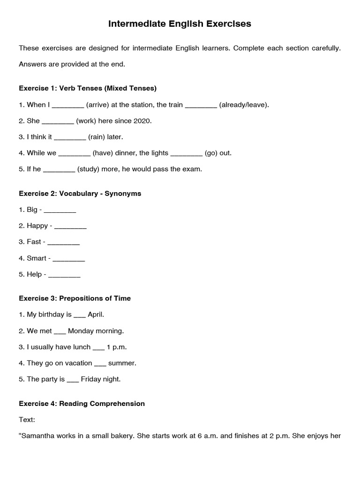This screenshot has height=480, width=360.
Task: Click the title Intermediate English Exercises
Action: coord(180,23)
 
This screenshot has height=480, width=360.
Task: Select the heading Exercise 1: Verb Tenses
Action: coord(88,88)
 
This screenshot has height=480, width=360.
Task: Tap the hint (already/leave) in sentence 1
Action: coord(244,105)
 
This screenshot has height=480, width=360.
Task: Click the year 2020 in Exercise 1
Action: coord(142,121)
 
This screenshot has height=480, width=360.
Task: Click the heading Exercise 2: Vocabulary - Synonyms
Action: coord(80,194)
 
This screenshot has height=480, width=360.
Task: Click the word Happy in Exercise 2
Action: coord(37,226)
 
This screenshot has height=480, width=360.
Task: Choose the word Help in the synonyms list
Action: coord(34,275)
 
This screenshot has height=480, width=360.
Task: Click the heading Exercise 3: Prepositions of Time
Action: coord(75,299)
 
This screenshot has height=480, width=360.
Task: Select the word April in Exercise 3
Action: coord(96,315)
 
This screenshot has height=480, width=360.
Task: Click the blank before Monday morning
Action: coord(60,331)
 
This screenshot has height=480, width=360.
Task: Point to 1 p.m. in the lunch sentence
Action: coord(117,347)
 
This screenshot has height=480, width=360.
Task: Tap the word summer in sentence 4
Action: coord(122,363)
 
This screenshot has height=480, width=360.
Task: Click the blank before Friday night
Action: coord(73,380)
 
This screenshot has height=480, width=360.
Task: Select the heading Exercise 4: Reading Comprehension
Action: coord(82,404)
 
